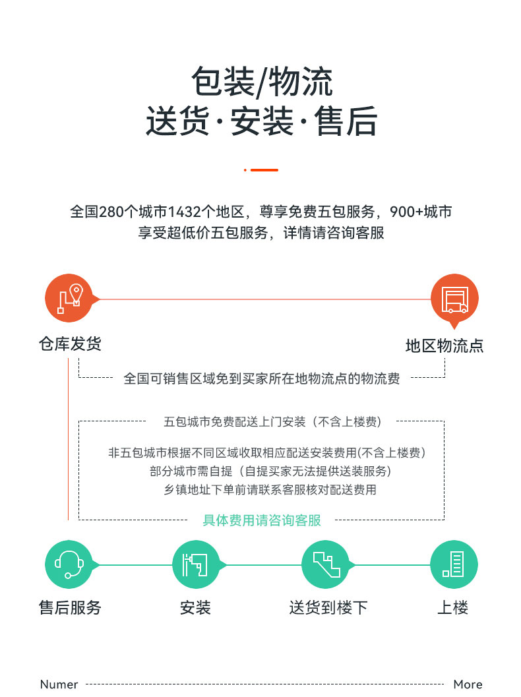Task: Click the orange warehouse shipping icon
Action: pos(69,298)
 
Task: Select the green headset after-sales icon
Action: pos(69,564)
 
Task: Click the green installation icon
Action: pos(196,564)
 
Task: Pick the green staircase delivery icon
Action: pos(326,564)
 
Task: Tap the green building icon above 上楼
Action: pos(454,564)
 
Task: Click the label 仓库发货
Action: pos(71,344)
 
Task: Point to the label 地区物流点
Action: pos(444,346)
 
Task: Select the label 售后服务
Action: pos(71,607)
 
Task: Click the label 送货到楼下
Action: pos(328,607)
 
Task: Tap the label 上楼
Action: pos(453,607)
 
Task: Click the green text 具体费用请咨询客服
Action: pos(262,520)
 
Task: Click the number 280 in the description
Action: pos(111,212)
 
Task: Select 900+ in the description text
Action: pos(406,212)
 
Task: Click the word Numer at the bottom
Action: pos(59,684)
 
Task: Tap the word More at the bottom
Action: pos(468,684)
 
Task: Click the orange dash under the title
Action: pos(264,170)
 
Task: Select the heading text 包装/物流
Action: pos(262,82)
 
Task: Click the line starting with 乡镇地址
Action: pos(270,489)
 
